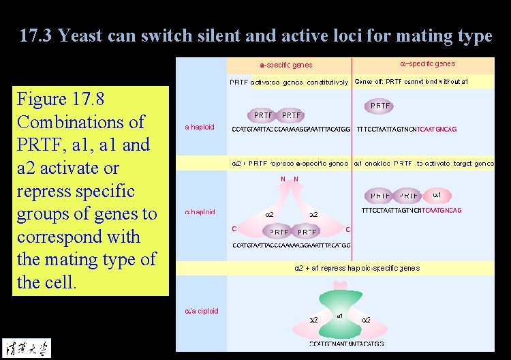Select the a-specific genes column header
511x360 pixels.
[286, 65]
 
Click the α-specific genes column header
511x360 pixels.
[428, 64]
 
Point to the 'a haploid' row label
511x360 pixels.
[200, 127]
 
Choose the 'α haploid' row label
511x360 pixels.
[200, 212]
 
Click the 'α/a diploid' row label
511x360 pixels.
[202, 311]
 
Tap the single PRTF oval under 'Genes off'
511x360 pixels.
[380, 106]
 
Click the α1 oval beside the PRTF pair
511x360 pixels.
[437, 196]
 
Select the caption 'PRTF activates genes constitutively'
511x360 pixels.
[289, 82]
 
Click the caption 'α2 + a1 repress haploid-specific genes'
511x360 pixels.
[356, 268]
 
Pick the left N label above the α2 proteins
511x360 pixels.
[283, 179]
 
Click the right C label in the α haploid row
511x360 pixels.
[347, 229]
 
